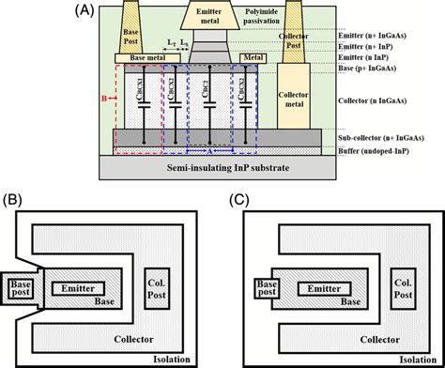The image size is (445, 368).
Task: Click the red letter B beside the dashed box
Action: [x=102, y=97]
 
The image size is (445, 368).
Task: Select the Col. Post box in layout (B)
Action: [x=157, y=288]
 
